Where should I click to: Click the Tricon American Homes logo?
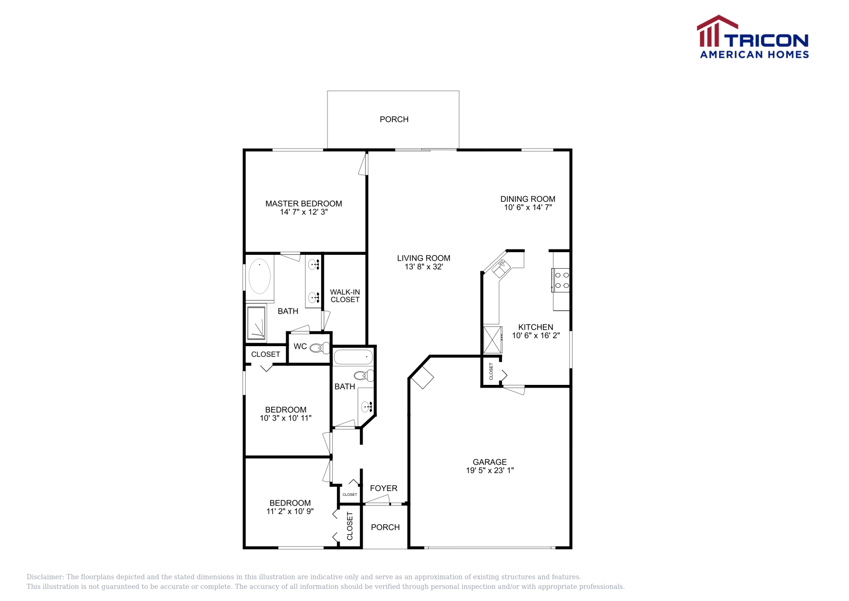pos(753,37)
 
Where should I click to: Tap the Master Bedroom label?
pos(304,203)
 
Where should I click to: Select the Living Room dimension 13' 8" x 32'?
pos(423,267)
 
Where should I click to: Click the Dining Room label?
pos(527,199)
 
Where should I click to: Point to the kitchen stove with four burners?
pos(561,280)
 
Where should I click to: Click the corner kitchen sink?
pos(500,268)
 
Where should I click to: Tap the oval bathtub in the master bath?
pos(259,276)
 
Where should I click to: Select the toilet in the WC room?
pos(319,348)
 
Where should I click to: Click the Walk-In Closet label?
pos(345,296)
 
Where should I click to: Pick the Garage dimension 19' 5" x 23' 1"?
pos(490,470)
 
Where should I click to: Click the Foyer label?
pos(384,488)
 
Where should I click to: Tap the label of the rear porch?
pos(394,119)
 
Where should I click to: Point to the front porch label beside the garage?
pos(385,527)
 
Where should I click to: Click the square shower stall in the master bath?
pos(256,322)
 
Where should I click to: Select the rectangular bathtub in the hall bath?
pos(353,357)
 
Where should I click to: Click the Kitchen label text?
pos(535,327)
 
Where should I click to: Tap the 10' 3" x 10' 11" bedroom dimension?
pos(285,418)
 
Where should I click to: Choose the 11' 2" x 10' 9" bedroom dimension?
pos(290,511)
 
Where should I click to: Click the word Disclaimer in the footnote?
pos(45,577)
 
